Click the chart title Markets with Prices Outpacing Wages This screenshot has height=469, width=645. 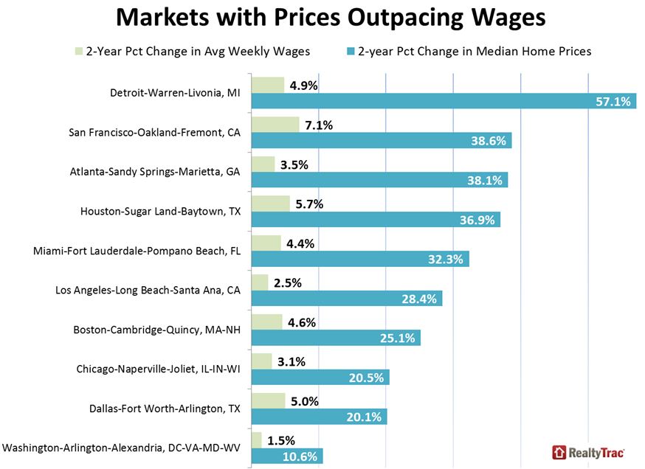[x=331, y=16]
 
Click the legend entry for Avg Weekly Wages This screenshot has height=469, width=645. [x=195, y=52]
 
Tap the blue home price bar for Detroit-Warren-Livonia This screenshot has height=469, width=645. [x=443, y=101]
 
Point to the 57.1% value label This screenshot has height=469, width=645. [x=613, y=101]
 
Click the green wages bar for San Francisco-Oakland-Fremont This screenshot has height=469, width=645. [x=275, y=125]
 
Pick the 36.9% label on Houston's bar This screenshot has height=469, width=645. [x=481, y=220]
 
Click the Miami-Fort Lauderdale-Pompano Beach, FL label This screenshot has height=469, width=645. [x=137, y=251]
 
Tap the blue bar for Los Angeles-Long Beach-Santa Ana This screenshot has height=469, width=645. [x=347, y=299]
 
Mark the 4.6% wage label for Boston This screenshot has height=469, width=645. [x=303, y=322]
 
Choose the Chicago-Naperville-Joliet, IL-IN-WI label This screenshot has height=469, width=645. [x=159, y=368]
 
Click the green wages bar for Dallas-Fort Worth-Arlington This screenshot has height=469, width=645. [x=269, y=400]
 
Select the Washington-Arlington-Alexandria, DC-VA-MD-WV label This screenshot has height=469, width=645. [x=122, y=448]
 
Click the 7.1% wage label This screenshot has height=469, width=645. [x=318, y=125]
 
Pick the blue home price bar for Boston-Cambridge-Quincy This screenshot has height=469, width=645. [x=336, y=338]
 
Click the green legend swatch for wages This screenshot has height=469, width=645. [x=78, y=52]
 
